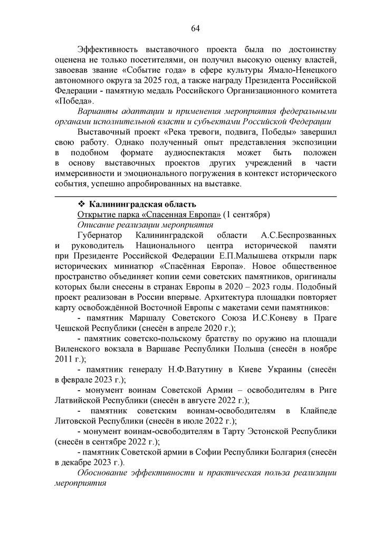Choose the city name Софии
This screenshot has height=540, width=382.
click(204, 452)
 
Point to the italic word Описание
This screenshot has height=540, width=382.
click(97, 225)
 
